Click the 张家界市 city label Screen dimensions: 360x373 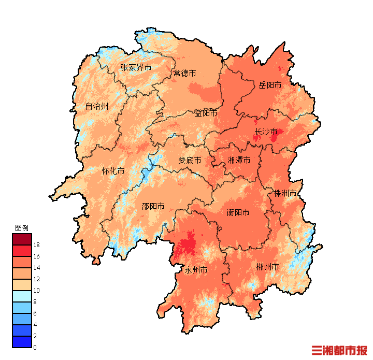136,67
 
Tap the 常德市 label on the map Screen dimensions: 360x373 185,73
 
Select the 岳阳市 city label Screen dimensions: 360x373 270,85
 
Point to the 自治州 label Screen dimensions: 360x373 97,106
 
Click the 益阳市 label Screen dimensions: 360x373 206,113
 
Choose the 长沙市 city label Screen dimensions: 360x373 266,132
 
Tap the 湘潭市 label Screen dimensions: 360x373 239,161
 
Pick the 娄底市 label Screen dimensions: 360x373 190,161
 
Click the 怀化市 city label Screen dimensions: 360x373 113,171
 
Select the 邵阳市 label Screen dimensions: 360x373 153,206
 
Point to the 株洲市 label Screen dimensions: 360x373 285,194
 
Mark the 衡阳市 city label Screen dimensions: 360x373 238,212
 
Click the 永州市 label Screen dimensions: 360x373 196,270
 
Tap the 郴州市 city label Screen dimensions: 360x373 267,267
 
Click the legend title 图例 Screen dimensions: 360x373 21,228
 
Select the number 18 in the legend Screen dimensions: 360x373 37,244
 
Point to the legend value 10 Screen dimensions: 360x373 37,291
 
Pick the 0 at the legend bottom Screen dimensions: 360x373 35,347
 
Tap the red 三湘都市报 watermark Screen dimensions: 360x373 339,351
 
